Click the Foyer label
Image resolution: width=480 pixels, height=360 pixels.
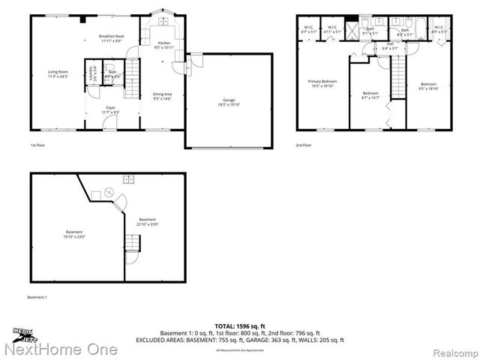[110, 110]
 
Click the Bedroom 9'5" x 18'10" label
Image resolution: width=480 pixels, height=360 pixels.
[428, 85]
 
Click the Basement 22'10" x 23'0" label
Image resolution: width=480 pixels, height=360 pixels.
[147, 223]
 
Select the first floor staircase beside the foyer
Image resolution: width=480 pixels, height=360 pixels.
[133, 75]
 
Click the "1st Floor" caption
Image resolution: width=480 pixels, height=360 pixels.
[38, 144]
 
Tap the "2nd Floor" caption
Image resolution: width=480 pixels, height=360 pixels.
[304, 144]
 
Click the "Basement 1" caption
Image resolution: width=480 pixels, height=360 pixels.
[37, 298]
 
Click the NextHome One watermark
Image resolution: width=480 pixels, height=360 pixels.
[60, 349]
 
